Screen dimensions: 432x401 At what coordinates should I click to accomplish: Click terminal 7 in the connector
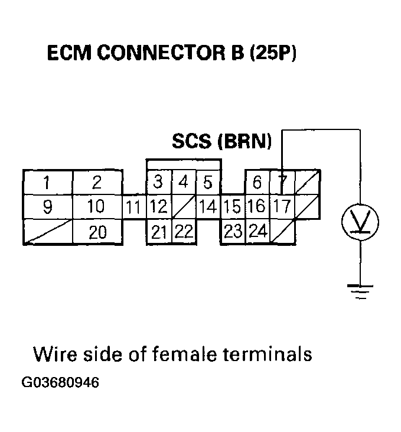(x=282, y=183)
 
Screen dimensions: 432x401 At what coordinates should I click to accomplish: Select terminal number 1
(x=47, y=182)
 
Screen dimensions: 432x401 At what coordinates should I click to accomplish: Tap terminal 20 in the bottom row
(x=97, y=232)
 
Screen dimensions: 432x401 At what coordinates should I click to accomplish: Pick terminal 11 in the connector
(x=134, y=207)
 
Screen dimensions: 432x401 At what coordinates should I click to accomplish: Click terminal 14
(x=208, y=207)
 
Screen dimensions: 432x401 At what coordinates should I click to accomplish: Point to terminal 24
(x=257, y=232)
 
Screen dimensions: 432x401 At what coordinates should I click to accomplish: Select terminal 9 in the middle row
(x=47, y=207)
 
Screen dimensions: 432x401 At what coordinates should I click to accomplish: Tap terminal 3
(x=158, y=182)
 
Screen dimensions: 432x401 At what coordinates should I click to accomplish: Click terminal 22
(x=184, y=232)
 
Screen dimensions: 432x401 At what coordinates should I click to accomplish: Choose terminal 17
(x=282, y=207)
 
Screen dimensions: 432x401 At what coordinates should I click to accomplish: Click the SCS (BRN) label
(x=222, y=142)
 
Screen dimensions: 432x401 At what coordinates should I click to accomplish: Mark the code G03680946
(x=60, y=382)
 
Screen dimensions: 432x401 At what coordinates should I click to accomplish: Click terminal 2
(x=97, y=182)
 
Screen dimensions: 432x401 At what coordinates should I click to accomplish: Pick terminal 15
(x=233, y=207)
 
